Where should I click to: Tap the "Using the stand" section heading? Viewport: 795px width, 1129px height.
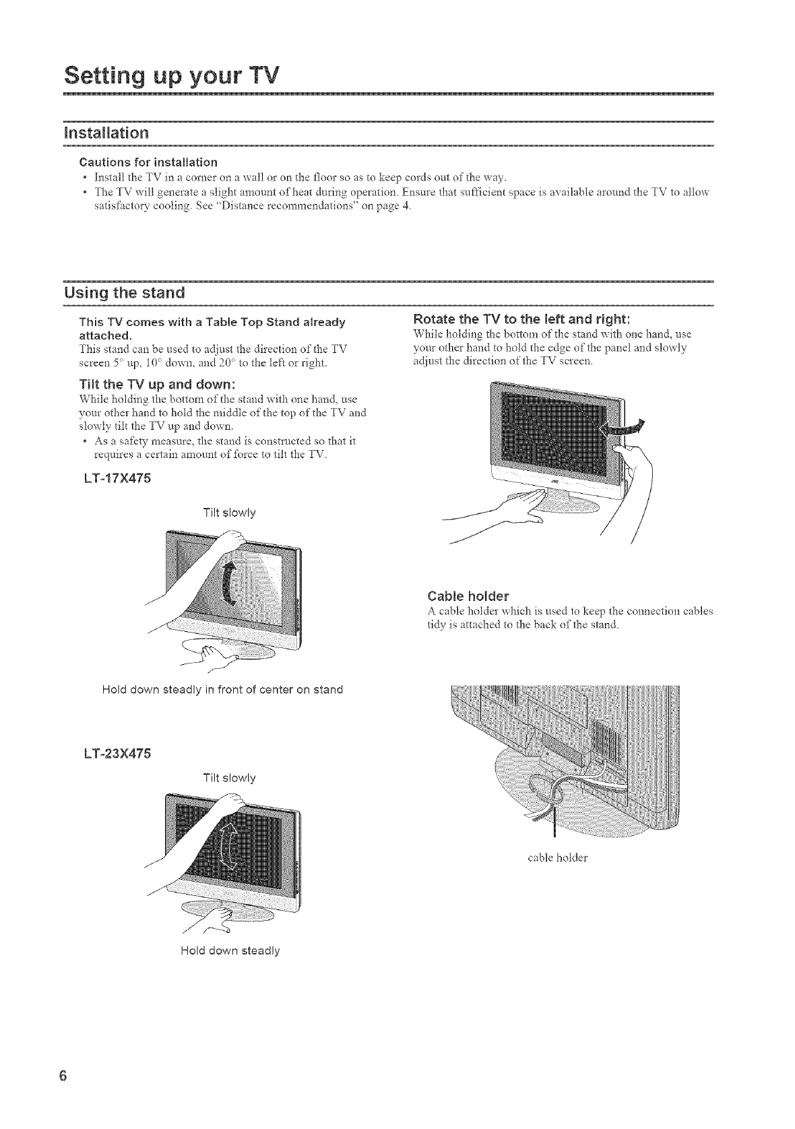(124, 294)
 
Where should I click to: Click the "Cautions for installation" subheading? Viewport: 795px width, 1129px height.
(148, 162)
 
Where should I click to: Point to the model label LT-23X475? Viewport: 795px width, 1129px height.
(115, 752)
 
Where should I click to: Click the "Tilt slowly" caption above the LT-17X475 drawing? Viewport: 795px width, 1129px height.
(229, 513)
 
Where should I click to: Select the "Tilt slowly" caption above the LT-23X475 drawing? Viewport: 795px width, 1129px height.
(229, 778)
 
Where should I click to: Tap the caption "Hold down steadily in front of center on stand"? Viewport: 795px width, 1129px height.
(222, 689)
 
